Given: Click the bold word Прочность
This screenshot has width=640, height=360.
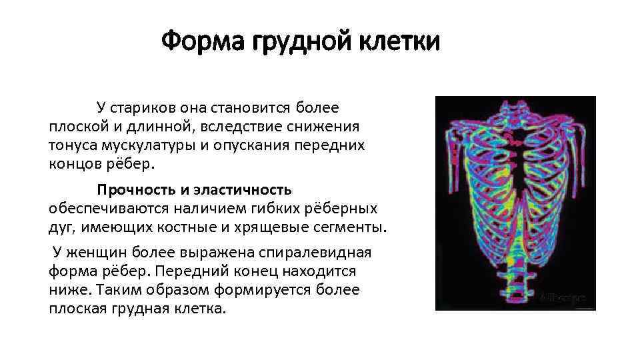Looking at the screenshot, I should click(132, 191).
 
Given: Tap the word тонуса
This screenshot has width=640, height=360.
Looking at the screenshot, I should click(72, 145).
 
